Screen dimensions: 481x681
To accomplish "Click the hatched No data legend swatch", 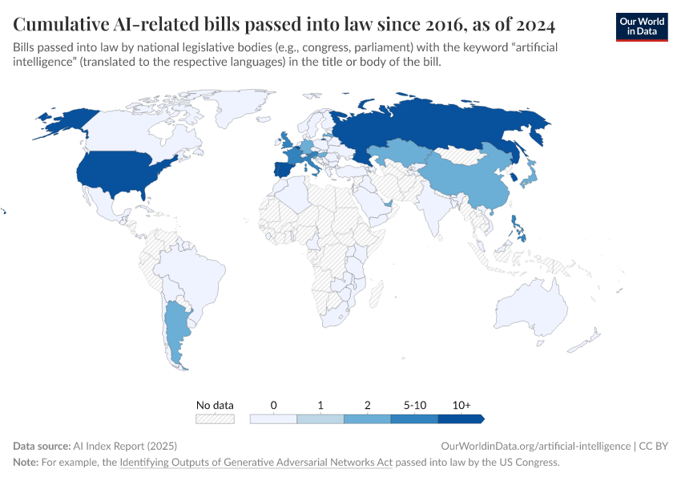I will [x=215, y=418].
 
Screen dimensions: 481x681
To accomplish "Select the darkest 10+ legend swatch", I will [x=460, y=418].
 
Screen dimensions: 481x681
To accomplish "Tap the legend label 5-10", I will [x=414, y=406].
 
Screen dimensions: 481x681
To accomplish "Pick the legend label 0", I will [x=273, y=406].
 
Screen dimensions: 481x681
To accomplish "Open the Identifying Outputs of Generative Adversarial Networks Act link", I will [x=256, y=463].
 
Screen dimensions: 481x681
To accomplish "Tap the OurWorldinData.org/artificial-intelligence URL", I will [x=535, y=446].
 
